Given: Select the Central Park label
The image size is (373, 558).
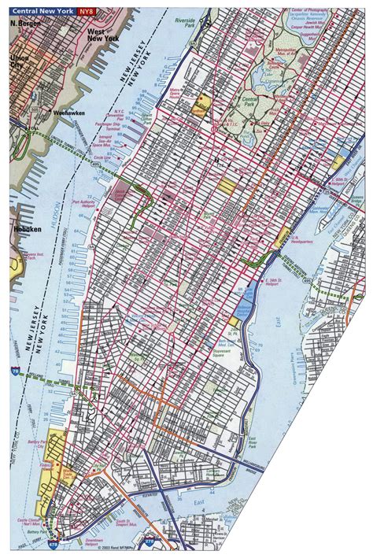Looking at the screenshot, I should click(x=249, y=102).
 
